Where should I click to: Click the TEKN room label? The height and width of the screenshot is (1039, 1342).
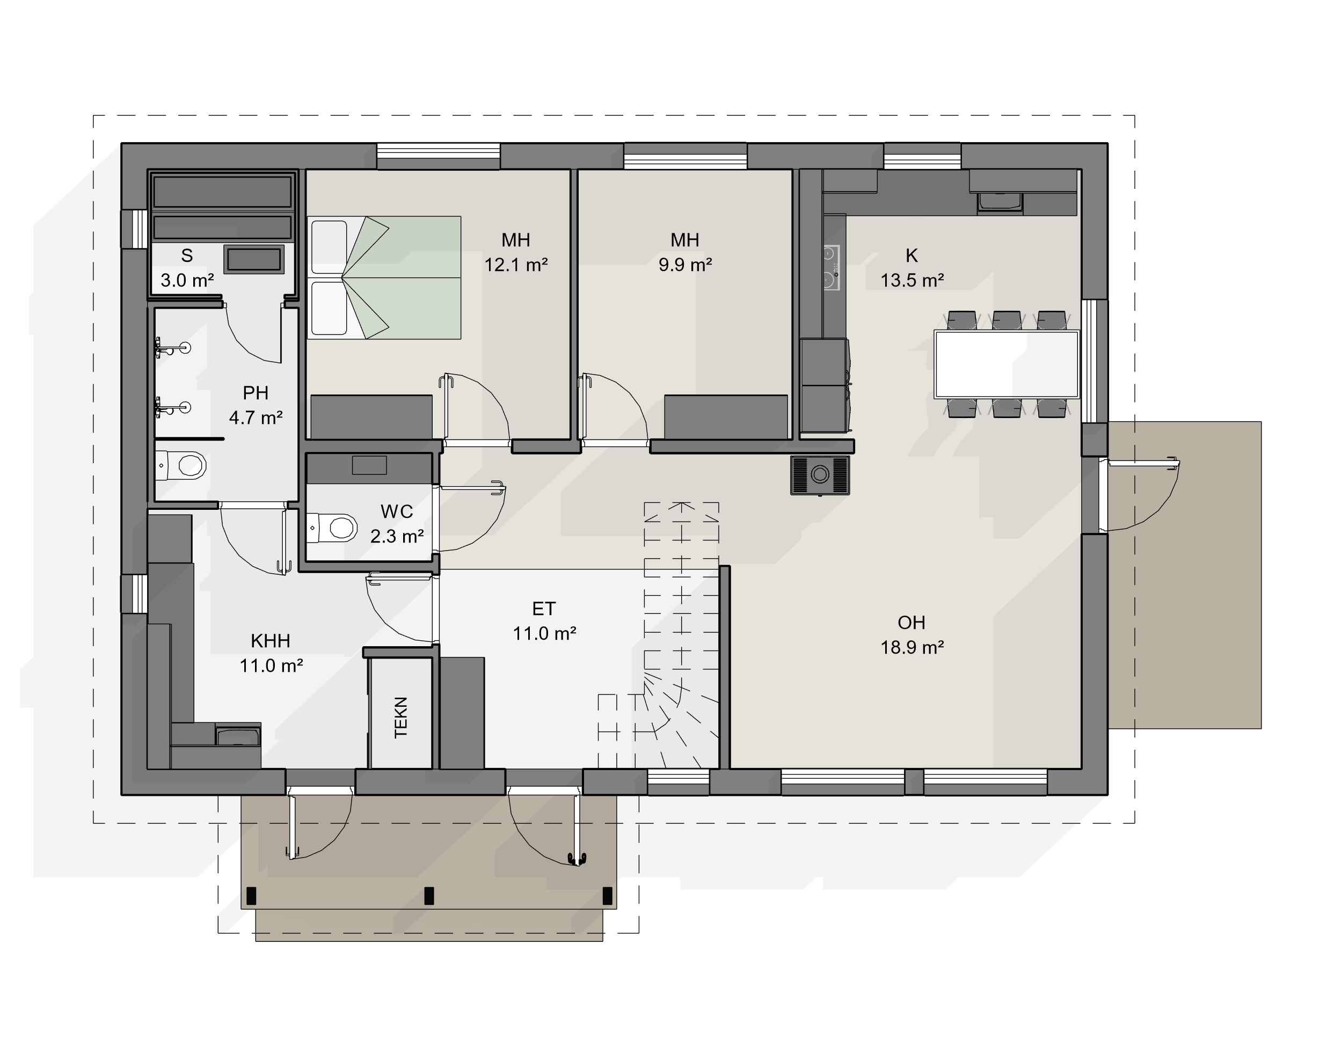400,717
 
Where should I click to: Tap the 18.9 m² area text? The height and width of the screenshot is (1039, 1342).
912,648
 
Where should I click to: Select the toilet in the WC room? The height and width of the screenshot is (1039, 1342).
332,528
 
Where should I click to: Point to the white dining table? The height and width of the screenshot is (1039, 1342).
1006,364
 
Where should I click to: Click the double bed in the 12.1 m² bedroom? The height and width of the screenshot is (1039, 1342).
384,277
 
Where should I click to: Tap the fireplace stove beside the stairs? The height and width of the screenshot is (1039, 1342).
820,475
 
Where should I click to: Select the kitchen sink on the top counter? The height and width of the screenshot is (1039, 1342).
1000,202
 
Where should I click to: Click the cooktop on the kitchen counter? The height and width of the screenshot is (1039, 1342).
832,268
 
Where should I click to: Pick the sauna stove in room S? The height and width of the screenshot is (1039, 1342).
254,260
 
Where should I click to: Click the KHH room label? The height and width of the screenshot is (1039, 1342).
271,641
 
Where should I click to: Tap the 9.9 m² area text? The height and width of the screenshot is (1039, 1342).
685,265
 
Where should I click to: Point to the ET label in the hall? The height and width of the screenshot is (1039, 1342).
544,609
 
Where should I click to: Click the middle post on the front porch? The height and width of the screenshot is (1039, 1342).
429,896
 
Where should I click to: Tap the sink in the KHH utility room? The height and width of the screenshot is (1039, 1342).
238,737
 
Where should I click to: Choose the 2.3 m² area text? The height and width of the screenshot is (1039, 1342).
397,536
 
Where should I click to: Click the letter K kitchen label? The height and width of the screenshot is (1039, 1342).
912,255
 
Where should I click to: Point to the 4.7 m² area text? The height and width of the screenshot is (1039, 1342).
256,418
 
